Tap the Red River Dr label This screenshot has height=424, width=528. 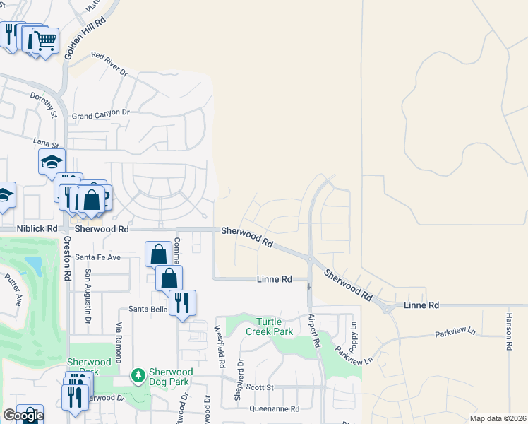109,64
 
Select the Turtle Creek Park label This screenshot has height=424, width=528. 269,326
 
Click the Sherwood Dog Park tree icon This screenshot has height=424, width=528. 139,374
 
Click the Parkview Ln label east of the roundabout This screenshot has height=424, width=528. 456,332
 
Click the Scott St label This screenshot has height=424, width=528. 260,387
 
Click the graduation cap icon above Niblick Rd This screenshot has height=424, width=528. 52,161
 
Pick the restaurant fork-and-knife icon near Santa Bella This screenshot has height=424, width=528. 182,302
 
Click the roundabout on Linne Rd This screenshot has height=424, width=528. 386,307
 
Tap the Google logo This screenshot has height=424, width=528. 23,415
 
